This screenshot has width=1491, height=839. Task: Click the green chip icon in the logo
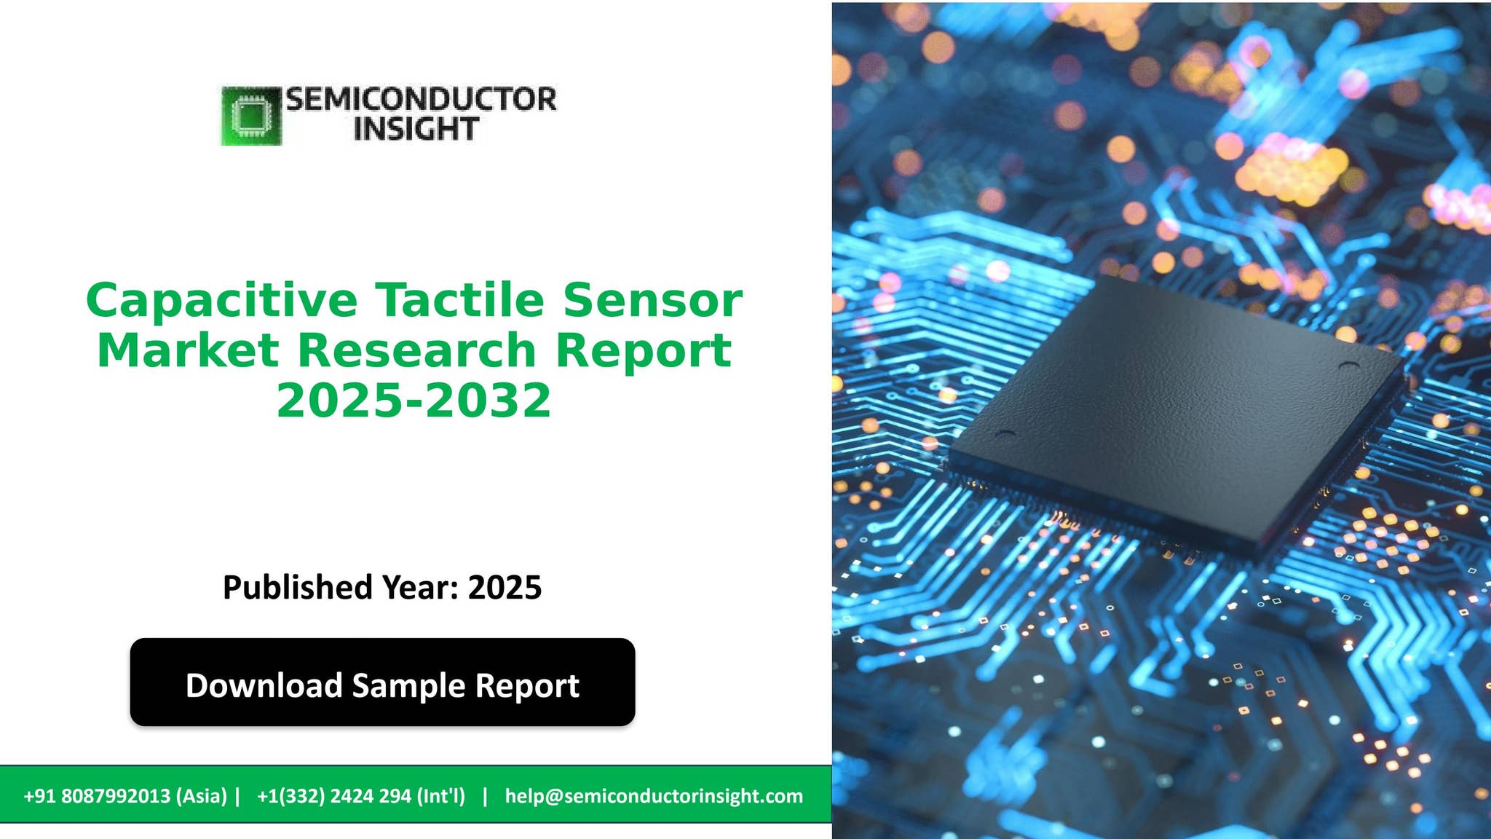click(251, 116)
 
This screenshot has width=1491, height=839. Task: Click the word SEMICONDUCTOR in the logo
click(421, 99)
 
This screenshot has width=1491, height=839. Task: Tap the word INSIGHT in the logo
click(415, 129)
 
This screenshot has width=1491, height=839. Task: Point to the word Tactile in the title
click(459, 300)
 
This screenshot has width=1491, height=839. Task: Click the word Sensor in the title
click(652, 300)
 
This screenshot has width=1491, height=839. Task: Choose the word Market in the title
click(188, 350)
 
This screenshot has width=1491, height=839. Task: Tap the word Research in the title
click(417, 350)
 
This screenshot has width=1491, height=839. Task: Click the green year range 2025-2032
click(414, 401)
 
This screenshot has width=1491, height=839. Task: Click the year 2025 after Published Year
click(505, 587)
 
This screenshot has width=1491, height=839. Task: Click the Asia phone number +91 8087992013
click(125, 796)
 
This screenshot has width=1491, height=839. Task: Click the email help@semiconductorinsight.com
click(654, 796)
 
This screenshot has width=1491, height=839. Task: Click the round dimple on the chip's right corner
click(1348, 366)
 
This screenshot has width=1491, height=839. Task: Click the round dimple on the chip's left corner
click(1005, 434)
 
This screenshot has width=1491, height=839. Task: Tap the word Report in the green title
click(643, 350)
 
